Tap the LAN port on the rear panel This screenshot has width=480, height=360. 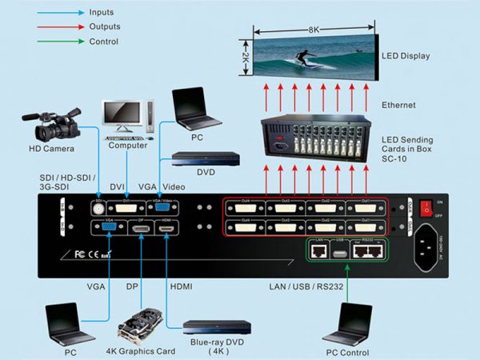(318, 250)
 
